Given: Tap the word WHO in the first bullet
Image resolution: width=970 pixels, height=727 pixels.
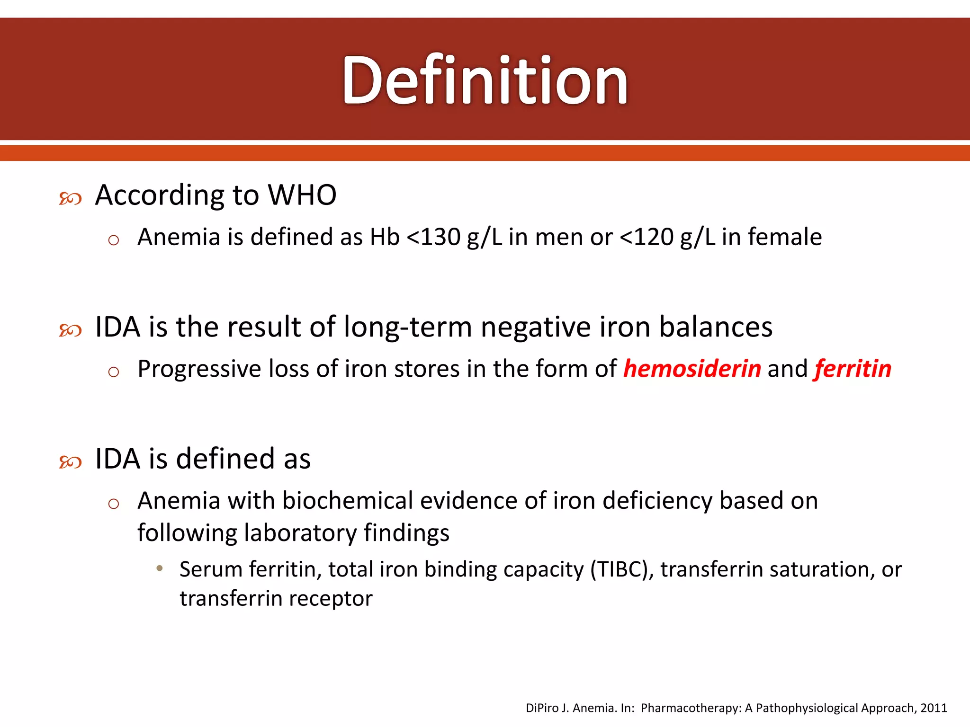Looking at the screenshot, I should tap(302, 195).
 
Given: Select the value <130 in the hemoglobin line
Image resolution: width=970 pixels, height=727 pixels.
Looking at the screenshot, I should tap(433, 237).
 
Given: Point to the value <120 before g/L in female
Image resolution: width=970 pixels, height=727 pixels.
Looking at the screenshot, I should tap(647, 237).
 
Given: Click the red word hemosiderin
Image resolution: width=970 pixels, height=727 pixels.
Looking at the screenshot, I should tap(692, 369).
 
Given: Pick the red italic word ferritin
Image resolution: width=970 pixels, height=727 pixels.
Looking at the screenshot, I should tap(853, 369).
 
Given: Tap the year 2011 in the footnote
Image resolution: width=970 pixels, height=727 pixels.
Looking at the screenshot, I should tap(934, 708).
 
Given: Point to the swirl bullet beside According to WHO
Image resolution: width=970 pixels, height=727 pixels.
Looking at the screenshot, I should tap(70, 198).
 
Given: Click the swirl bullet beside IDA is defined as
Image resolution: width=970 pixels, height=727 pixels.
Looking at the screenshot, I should tap(70, 462).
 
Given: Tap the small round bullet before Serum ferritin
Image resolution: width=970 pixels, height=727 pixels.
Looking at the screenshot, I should tap(160, 568).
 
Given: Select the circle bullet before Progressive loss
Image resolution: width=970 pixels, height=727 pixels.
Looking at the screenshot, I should tap(113, 372).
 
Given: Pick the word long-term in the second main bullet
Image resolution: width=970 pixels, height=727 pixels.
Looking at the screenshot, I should tap(407, 328).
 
